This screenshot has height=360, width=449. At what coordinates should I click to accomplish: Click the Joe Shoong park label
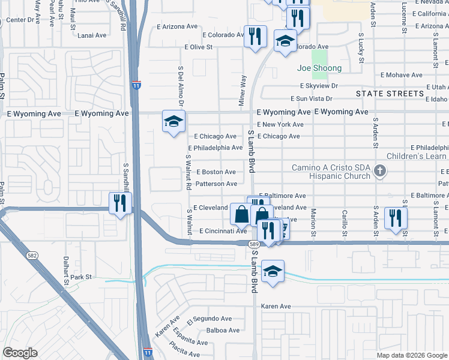pos(319,68)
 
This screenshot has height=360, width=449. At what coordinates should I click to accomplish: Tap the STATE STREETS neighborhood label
pos(390,94)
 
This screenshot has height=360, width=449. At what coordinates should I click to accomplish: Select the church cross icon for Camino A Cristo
pos(379,172)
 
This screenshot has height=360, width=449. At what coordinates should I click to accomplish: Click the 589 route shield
pos(255,244)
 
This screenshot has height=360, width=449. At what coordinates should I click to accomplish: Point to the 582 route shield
pos(31,256)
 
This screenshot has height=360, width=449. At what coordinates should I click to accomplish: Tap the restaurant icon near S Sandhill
pos(121,203)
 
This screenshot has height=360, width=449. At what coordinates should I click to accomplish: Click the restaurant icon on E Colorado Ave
pos(255,36)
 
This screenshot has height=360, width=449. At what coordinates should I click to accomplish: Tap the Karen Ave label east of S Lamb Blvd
pos(276,306)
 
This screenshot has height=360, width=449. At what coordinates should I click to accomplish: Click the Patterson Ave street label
pos(216,184)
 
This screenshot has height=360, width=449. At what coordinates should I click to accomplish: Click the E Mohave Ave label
pos(401,76)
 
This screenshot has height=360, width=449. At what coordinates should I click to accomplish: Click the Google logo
pos(20,353)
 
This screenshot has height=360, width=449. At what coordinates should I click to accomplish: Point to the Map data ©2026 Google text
pos(412,355)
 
